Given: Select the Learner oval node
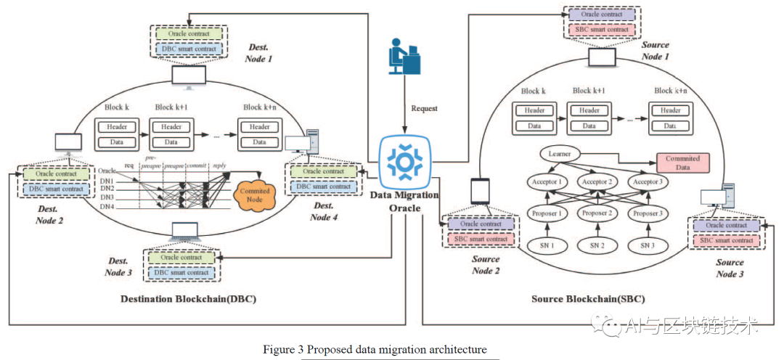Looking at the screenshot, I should (560, 154).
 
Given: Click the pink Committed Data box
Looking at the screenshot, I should (682, 162).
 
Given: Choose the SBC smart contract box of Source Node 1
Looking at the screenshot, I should (604, 29).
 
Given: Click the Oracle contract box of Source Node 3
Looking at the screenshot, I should (726, 226).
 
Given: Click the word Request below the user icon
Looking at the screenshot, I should (425, 109).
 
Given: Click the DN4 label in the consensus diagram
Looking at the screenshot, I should (107, 208).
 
